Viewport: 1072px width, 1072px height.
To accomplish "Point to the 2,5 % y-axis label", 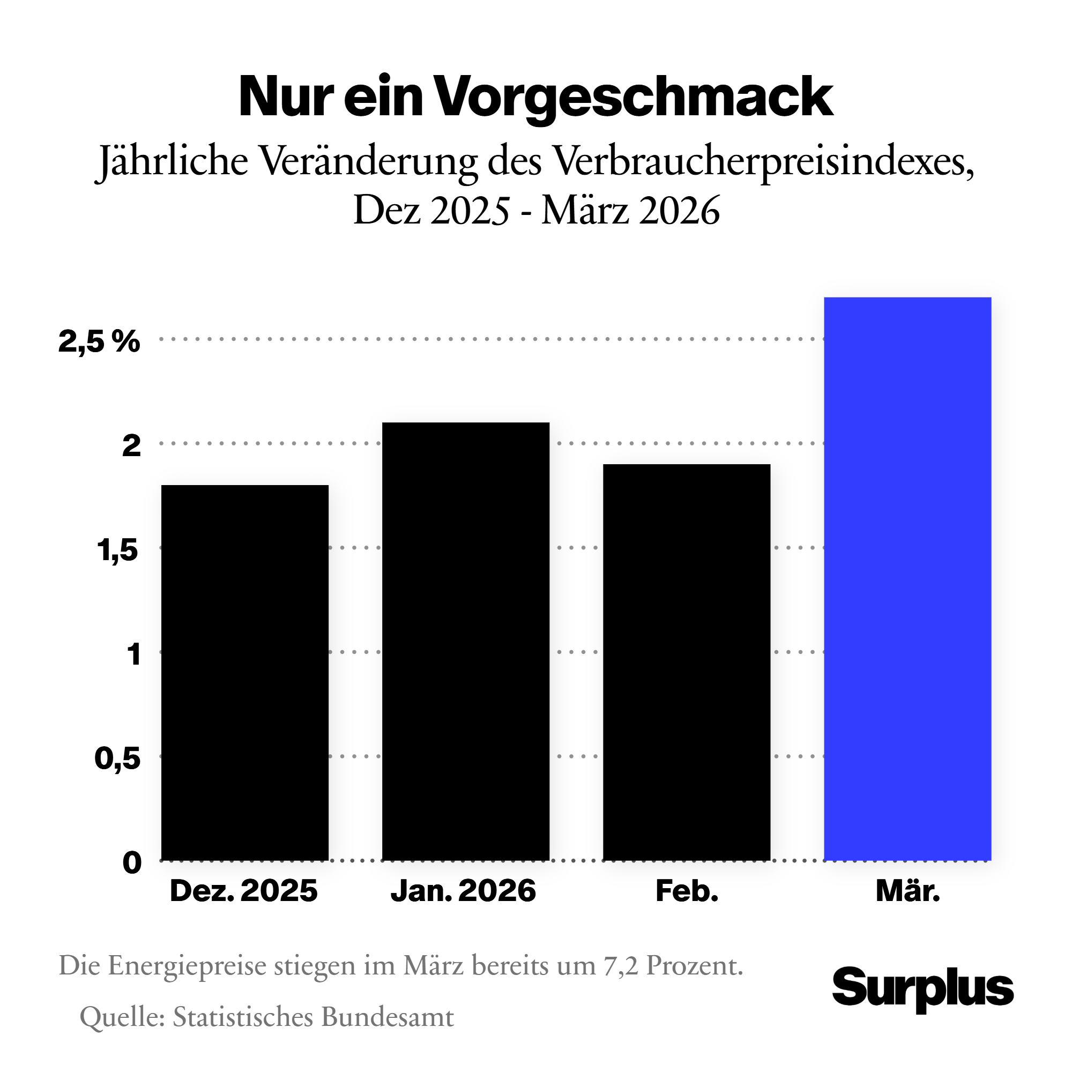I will (x=99, y=341).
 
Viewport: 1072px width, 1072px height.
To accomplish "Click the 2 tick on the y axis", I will (x=131, y=445).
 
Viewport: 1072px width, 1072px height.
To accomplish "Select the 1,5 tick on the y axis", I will (x=117, y=550).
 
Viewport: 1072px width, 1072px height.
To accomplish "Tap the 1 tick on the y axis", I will (x=133, y=654).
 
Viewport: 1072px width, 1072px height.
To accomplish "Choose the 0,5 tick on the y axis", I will (x=117, y=758).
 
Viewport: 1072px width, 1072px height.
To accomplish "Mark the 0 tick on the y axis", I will (x=132, y=863).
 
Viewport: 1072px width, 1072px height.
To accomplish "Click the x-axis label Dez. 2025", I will (x=243, y=892).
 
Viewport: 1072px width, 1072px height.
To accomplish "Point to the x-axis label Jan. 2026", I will (x=463, y=892).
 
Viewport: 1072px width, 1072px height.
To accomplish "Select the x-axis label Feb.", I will (x=687, y=892).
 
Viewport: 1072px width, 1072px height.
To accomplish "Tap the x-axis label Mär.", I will (x=908, y=892).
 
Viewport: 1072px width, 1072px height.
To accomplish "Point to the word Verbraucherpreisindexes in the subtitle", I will (x=763, y=161).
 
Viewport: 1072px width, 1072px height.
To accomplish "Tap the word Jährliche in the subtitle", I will (x=173, y=161).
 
